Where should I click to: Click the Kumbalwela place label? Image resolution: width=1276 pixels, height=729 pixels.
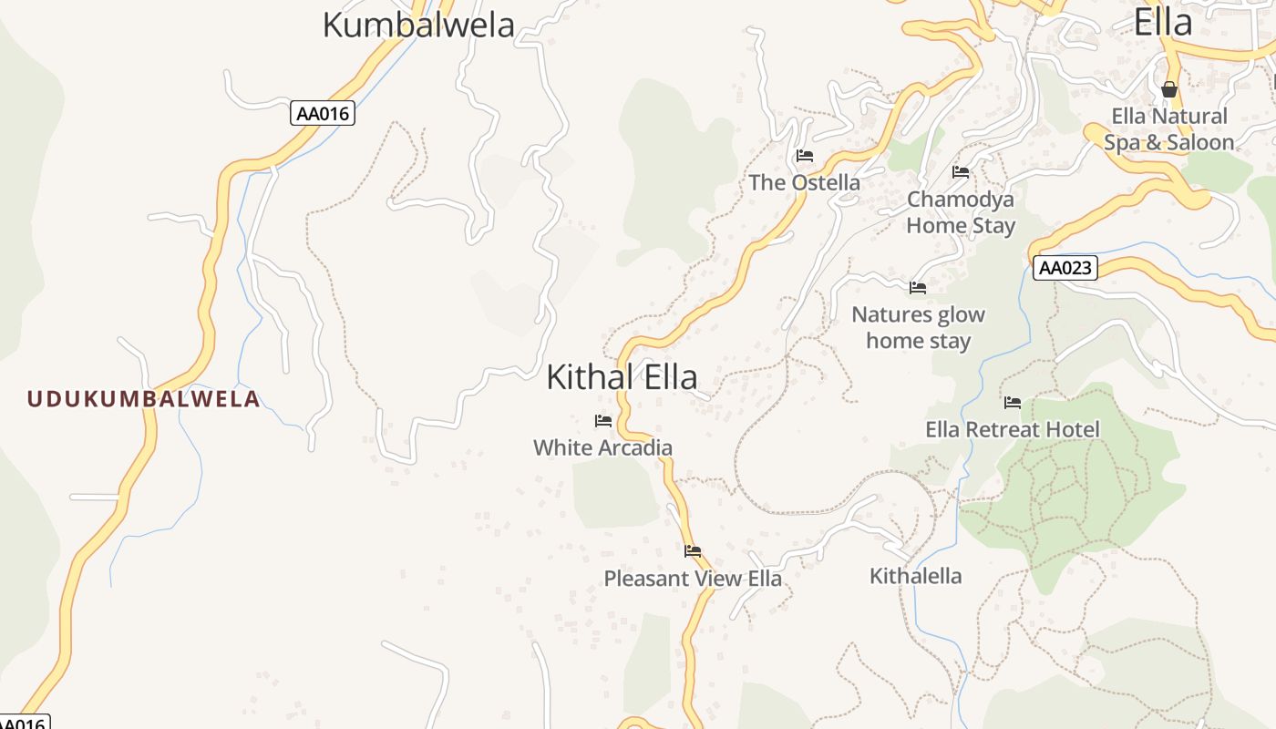click(418, 25)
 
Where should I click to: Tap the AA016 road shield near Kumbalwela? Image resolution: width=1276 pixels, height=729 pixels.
click(323, 114)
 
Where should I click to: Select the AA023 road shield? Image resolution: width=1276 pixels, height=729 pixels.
click(1065, 268)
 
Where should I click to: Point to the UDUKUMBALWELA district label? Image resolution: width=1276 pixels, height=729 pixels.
click(143, 398)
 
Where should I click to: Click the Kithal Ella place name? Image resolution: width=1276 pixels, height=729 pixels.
click(622, 376)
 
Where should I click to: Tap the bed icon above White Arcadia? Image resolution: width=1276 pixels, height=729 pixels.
click(602, 421)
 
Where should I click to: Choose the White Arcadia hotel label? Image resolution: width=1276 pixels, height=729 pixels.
click(602, 447)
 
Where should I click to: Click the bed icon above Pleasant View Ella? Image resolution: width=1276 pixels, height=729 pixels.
click(693, 551)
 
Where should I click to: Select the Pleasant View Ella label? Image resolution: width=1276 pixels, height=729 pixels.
click(693, 579)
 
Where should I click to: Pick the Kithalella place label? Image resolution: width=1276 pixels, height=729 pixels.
click(915, 576)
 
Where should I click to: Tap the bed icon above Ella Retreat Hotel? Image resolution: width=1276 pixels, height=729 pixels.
click(1013, 403)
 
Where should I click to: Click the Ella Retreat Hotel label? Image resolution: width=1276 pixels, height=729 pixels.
click(1013, 429)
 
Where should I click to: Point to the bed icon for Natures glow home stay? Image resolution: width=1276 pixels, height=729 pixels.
click(918, 288)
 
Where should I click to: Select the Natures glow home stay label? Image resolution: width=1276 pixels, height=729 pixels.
click(918, 327)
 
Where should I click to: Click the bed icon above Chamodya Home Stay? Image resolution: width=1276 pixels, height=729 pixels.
click(961, 172)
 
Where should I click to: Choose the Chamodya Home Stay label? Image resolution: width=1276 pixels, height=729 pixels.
click(961, 211)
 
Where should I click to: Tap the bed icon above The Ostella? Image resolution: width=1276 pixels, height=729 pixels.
click(804, 156)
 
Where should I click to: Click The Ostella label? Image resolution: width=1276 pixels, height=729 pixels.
click(804, 182)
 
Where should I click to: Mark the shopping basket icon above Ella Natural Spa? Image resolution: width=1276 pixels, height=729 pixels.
click(1168, 89)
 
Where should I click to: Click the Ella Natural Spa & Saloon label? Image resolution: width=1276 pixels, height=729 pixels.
click(1168, 129)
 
